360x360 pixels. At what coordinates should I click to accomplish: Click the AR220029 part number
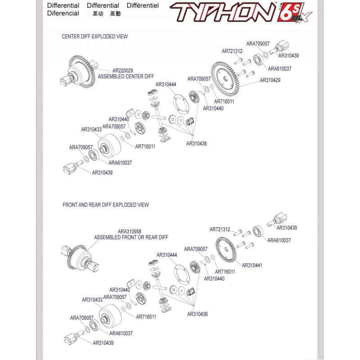122,70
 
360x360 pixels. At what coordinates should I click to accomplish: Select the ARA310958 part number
130,231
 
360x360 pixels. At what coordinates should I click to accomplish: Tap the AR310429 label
270,80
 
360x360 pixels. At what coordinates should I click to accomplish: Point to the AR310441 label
252,265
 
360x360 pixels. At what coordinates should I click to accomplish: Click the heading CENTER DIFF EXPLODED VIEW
94,36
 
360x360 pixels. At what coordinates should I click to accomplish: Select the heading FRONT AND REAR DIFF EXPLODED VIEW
106,205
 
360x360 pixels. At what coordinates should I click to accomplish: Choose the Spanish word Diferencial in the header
63,13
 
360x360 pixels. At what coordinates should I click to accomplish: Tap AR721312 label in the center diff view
232,51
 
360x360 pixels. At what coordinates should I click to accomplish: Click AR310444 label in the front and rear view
166,255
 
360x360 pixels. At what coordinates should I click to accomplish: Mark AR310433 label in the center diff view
91,129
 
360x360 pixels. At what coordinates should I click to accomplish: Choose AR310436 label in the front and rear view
197,314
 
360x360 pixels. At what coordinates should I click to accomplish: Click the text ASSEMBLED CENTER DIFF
126,76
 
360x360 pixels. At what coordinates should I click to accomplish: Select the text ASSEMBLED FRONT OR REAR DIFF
131,237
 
